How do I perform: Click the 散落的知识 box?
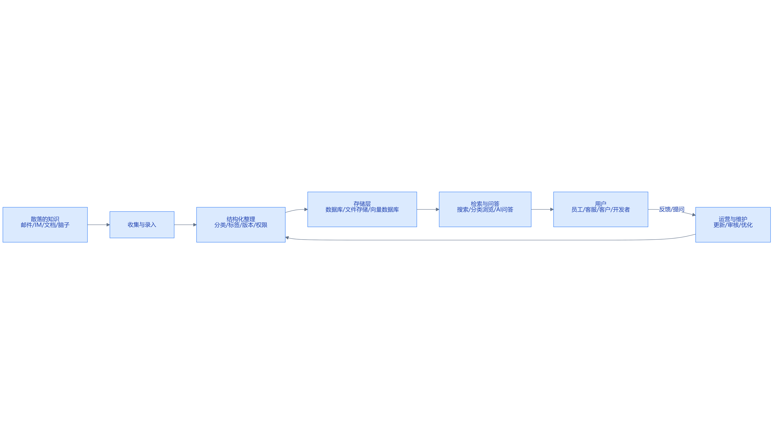tap(45, 225)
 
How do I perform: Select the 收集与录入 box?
tap(142, 225)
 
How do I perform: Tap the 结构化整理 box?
tap(241, 225)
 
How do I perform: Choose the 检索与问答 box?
tap(485, 209)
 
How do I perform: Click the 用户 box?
tap(601, 209)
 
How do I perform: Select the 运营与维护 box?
tap(733, 225)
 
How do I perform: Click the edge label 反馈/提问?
tap(672, 209)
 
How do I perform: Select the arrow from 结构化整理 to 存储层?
tap(296, 210)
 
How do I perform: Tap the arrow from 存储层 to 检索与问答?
tap(428, 209)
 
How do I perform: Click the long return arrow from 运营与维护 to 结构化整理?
tap(490, 240)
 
